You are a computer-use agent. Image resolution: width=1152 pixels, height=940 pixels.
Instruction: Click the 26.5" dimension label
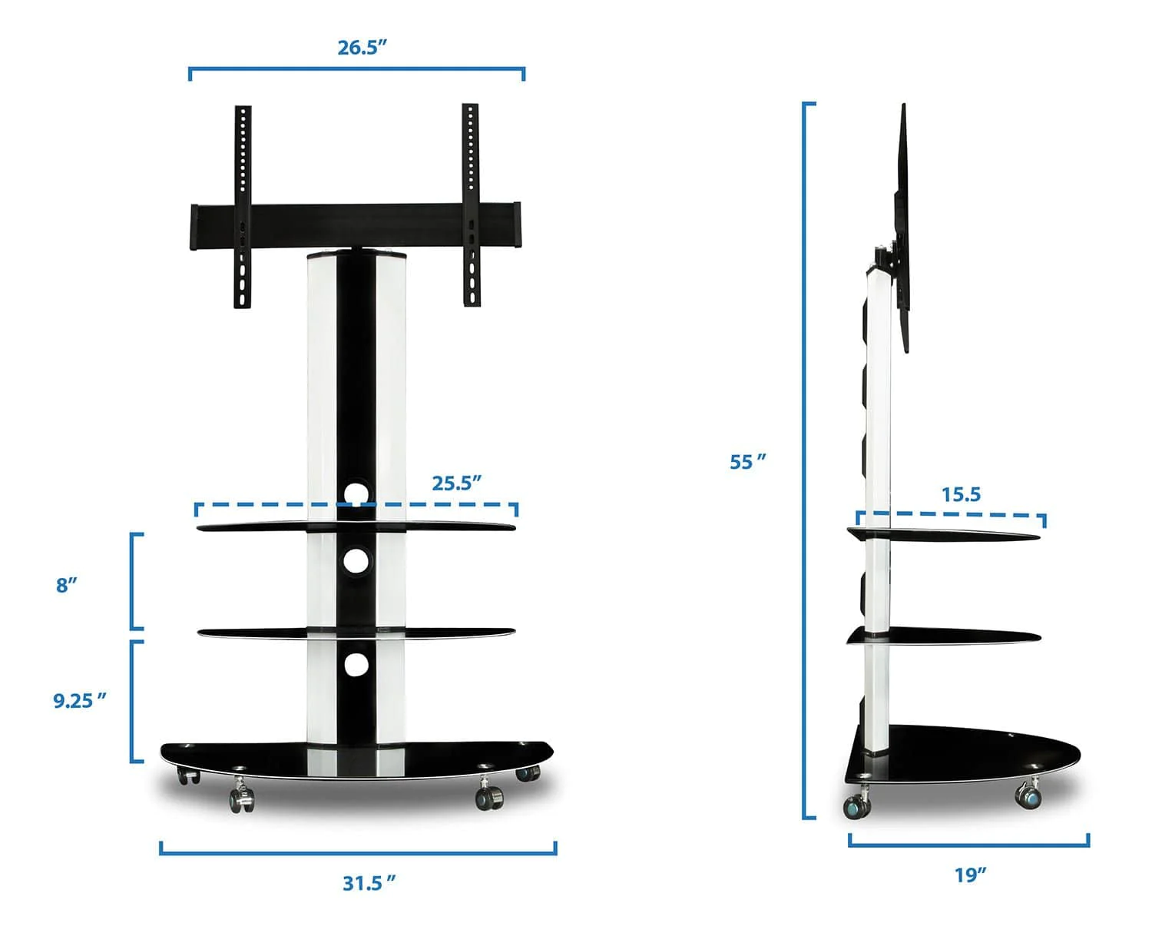tap(362, 48)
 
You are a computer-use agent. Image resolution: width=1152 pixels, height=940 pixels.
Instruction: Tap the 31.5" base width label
tap(369, 882)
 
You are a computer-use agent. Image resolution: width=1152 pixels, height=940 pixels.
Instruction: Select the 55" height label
tap(748, 461)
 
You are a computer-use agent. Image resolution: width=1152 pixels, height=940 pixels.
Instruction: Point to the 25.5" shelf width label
tap(457, 483)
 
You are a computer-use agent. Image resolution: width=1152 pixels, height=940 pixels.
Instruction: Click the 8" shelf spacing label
tap(67, 585)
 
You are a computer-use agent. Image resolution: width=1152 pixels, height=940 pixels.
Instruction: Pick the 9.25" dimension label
tap(79, 700)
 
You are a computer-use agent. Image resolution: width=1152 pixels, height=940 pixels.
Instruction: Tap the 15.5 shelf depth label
tap(961, 494)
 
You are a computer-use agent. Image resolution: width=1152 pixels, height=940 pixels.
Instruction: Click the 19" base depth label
tap(970, 875)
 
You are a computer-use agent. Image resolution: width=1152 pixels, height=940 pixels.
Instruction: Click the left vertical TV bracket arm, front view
tap(243, 207)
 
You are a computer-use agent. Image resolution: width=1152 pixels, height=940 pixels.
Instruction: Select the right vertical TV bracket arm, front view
tap(471, 204)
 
